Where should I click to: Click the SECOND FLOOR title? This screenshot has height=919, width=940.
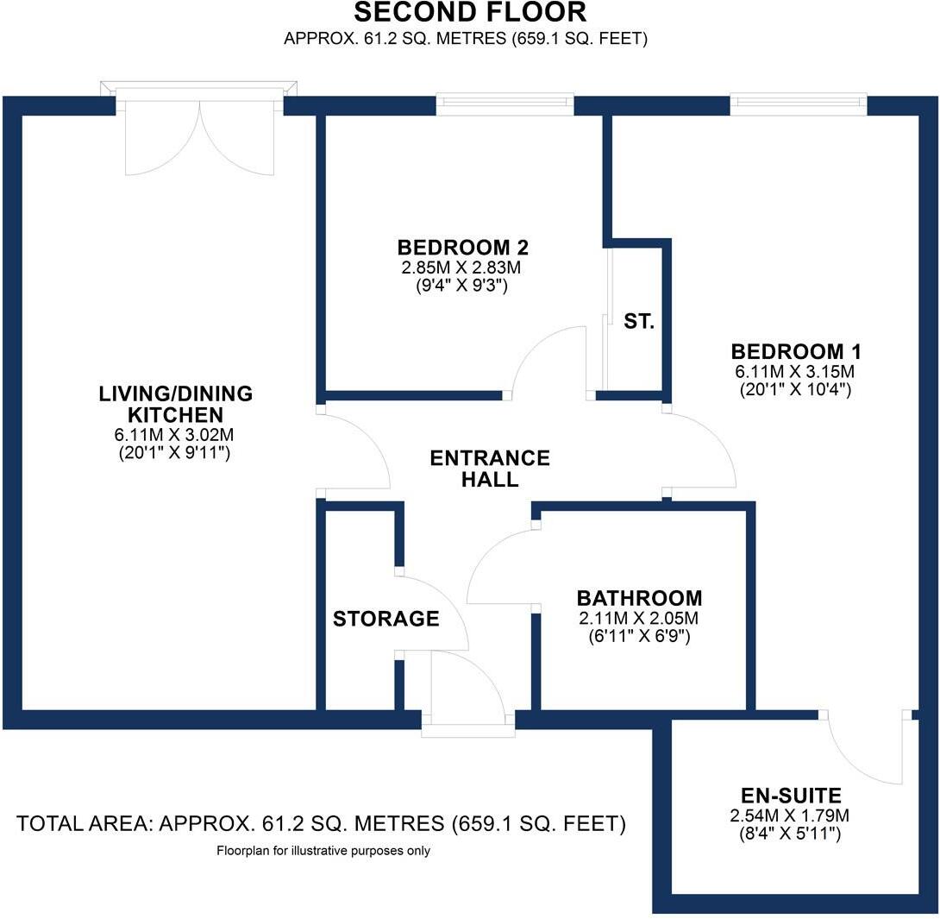pyautogui.click(x=470, y=13)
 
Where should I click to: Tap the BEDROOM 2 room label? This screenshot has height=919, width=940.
pyautogui.click(x=462, y=248)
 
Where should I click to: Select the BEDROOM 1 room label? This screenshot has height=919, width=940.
pyautogui.click(x=796, y=352)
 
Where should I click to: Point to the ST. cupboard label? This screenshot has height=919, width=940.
pyautogui.click(x=639, y=322)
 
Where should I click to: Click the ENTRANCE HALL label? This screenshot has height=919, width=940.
pyautogui.click(x=489, y=469)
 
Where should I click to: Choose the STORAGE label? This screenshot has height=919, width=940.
pyautogui.click(x=386, y=619)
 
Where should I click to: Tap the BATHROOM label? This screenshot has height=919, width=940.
pyautogui.click(x=639, y=598)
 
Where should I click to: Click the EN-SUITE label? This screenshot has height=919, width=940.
pyautogui.click(x=792, y=796)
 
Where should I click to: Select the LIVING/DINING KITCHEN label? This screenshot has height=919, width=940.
pyautogui.click(x=175, y=404)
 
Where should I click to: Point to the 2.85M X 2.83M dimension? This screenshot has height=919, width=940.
pyautogui.click(x=462, y=268)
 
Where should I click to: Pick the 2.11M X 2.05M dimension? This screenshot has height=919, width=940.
pyautogui.click(x=639, y=618)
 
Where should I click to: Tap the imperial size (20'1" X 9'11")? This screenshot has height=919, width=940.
pyautogui.click(x=175, y=452)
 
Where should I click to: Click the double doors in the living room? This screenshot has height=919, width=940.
pyautogui.click(x=200, y=138)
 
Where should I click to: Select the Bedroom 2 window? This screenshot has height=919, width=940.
pyautogui.click(x=504, y=104)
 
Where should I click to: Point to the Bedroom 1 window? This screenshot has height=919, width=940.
pyautogui.click(x=799, y=104)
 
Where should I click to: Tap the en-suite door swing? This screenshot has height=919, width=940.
pyautogui.click(x=862, y=749)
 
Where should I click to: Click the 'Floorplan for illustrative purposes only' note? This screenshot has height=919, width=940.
pyautogui.click(x=323, y=851)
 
